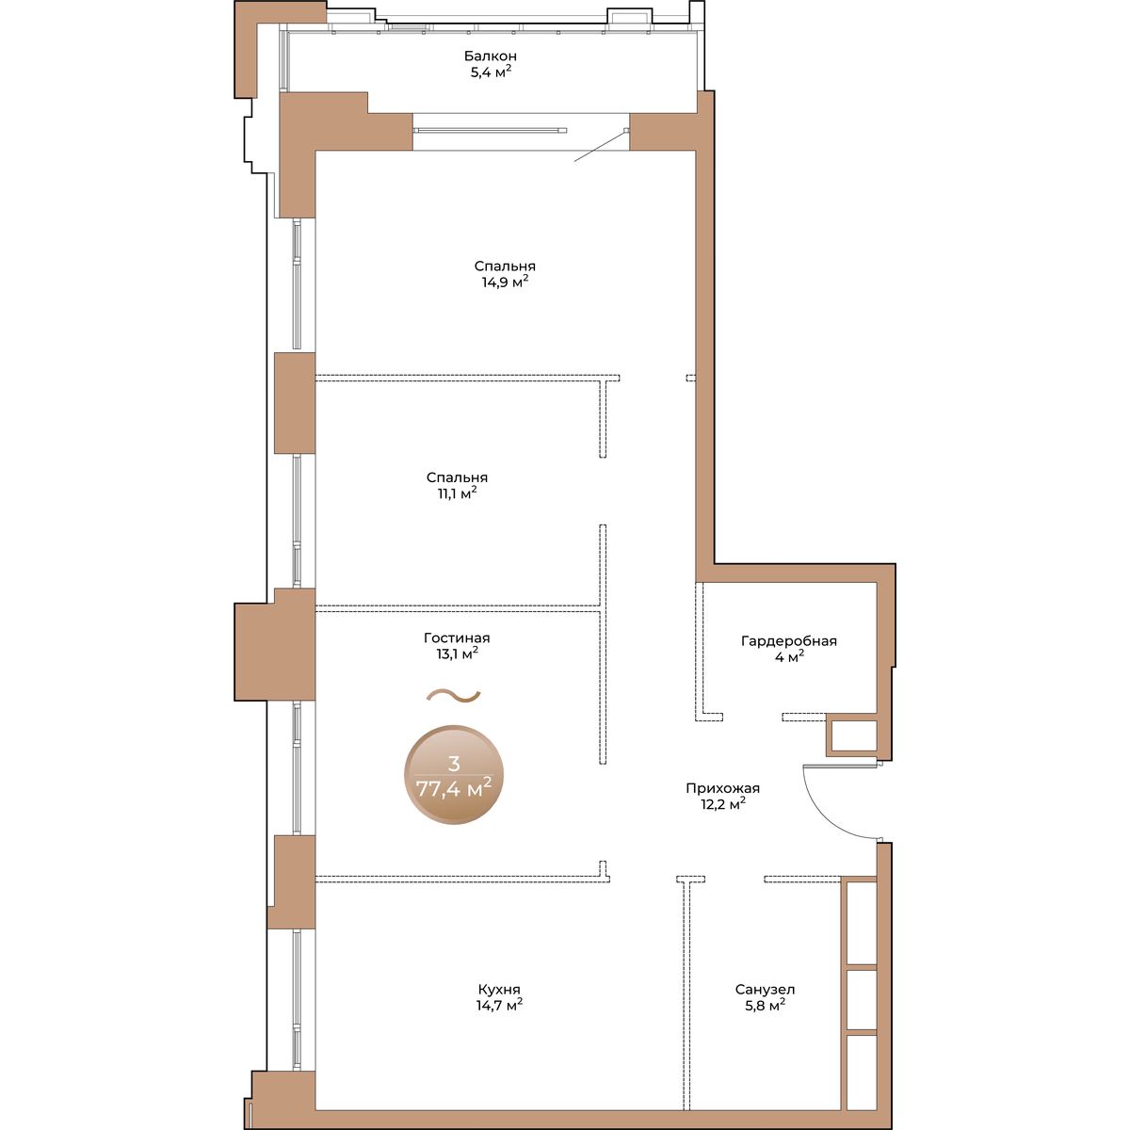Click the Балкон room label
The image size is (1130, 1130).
point(491,56)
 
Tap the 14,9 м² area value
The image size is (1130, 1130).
point(505,282)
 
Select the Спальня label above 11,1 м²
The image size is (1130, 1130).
point(458,478)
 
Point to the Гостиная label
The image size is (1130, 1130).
point(457,638)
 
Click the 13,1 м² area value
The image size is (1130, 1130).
point(458,654)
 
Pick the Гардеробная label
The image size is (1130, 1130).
point(789,641)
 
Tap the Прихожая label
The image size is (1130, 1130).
point(722,788)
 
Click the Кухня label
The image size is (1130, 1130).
point(499,990)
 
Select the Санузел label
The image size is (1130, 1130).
point(766,990)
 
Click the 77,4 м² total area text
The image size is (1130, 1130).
point(453,789)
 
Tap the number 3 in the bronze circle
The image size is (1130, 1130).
point(454,764)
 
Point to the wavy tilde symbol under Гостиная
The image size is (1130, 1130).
point(453,696)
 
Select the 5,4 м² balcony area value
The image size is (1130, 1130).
point(491,72)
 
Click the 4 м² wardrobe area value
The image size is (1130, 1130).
point(789,656)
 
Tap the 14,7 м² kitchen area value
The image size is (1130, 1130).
point(499,1005)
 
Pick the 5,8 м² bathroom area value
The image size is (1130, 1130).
point(766,1005)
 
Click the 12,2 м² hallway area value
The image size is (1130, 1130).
point(722,804)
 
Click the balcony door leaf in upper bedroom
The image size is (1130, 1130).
point(601,146)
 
